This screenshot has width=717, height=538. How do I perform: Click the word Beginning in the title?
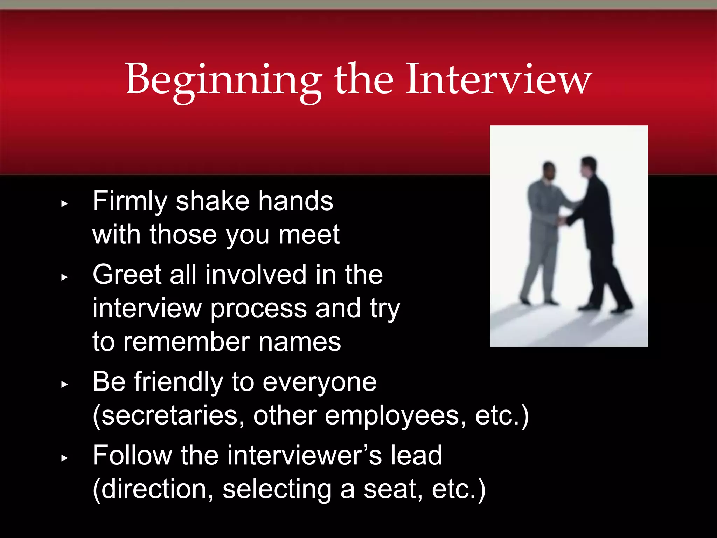(223, 80)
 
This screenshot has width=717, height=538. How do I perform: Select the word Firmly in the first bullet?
(130, 201)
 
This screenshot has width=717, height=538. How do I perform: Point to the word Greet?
(127, 275)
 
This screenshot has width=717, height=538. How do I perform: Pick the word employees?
(396, 416)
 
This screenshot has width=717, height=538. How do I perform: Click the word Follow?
(132, 455)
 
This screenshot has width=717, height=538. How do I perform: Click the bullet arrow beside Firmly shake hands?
(64, 204)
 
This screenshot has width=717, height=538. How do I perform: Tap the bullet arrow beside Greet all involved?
(64, 277)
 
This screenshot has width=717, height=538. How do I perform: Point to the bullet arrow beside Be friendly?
(64, 384)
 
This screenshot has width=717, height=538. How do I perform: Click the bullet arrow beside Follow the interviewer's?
(64, 458)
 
